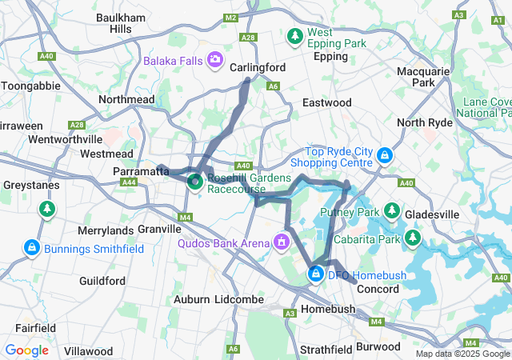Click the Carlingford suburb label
pos(258,68)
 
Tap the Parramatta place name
pos(138,171)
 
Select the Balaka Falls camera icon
pos(214,60)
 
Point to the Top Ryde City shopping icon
pos(385,154)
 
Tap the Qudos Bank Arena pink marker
pos(281,241)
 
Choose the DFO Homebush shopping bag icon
pos(316,275)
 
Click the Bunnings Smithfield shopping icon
pos(31,248)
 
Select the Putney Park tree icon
pos(392,211)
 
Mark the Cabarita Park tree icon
pos(413,238)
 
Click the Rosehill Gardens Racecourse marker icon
pos(194,182)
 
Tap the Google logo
pos(26,350)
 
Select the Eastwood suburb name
pos(326,102)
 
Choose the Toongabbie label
pos(29,86)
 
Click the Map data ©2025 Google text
pos(462,354)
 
